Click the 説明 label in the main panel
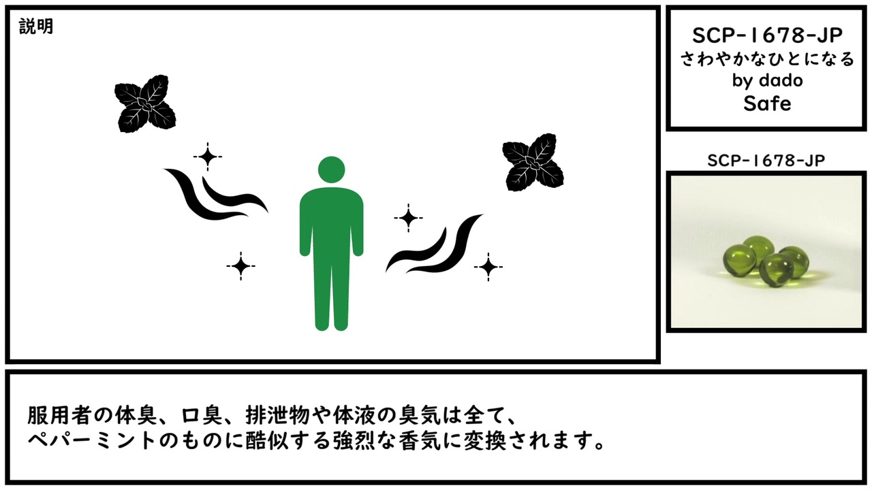(x=36, y=27)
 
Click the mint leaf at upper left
(x=145, y=103)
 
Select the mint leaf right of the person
(x=533, y=162)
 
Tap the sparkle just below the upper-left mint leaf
(x=208, y=157)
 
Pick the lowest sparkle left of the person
(x=240, y=266)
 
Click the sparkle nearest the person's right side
(x=408, y=218)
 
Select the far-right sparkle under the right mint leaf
(x=488, y=267)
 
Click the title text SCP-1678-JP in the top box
(x=767, y=36)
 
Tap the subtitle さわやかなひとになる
(x=767, y=59)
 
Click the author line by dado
(x=767, y=80)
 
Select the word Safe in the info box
(x=767, y=103)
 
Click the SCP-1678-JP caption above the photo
(x=766, y=161)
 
